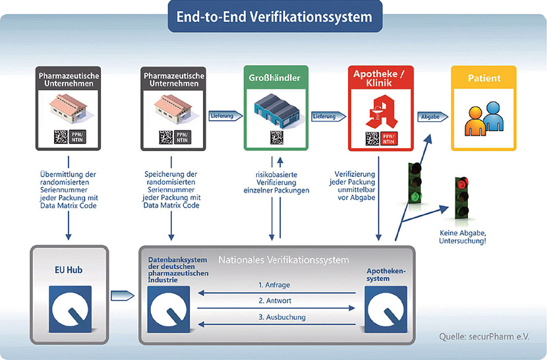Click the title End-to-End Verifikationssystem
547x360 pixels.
tap(274, 16)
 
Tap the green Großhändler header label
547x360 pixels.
tap(275, 78)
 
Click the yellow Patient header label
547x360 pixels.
tap(484, 78)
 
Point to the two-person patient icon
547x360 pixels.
tap(484, 119)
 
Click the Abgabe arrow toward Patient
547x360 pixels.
tap(432, 117)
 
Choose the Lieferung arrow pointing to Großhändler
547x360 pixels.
tap(225, 115)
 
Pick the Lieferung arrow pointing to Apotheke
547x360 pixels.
tap(328, 116)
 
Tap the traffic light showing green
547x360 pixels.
tap(415, 183)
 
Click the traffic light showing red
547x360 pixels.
tap(462, 198)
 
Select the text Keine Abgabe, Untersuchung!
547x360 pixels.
tap(463, 237)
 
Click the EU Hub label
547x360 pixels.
tap(69, 270)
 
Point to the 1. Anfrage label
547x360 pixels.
tap(274, 285)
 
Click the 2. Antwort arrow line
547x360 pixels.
tap(276, 308)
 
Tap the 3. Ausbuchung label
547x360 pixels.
tap(282, 317)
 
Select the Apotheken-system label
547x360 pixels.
tap(386, 274)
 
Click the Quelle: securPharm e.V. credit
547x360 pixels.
tap(484, 337)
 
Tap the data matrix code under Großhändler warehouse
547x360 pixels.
tap(277, 137)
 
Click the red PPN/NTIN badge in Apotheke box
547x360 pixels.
tap(389, 138)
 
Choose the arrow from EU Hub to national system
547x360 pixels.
tap(123, 296)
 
